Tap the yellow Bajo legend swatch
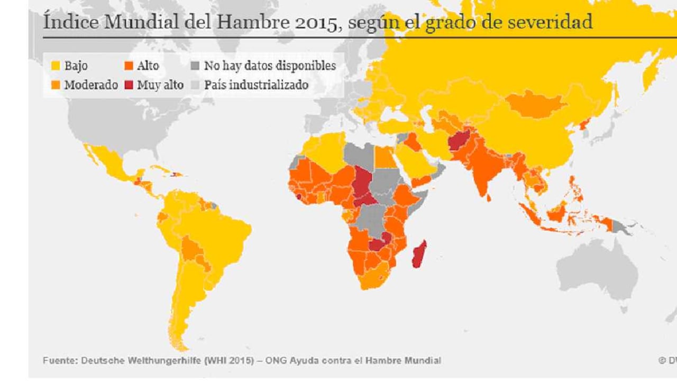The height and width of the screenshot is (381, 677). [55, 66]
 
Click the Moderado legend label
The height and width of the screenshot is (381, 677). [90, 85]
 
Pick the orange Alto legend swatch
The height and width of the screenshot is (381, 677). [128, 66]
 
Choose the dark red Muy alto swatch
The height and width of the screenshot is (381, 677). [128, 85]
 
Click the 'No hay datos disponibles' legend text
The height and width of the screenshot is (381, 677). [270, 66]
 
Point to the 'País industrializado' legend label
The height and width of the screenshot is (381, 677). [256, 85]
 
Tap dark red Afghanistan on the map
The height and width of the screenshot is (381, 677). [458, 142]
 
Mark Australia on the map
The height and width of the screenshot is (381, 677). [598, 270]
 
